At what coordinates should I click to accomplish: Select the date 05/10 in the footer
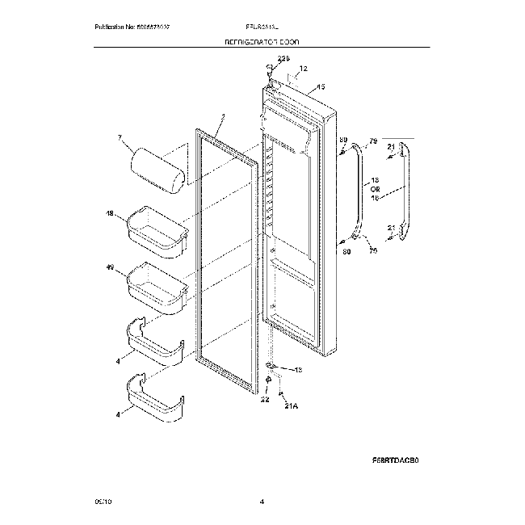coord(103,502)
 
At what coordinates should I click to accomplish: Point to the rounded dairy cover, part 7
coord(157,169)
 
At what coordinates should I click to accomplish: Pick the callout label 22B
coord(282,57)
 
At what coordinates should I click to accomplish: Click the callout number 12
coord(304,69)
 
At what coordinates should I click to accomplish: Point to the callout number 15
coord(321,86)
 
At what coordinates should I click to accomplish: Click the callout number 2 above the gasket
coord(222,117)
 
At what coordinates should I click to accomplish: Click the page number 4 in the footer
coord(262,502)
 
